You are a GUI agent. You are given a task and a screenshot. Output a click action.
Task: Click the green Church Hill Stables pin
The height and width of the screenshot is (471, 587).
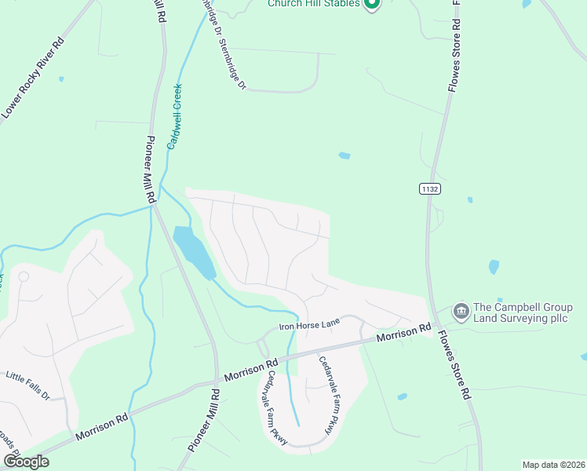(x=372, y=4)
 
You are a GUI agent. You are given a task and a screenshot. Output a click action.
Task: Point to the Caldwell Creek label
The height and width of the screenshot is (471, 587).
(x=177, y=118)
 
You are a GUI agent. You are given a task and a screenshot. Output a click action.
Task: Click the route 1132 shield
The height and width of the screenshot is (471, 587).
(x=429, y=188)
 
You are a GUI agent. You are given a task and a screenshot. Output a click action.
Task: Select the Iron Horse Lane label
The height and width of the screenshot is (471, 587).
(x=310, y=323)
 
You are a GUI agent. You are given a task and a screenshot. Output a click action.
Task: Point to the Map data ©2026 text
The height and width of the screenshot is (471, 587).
(x=553, y=465)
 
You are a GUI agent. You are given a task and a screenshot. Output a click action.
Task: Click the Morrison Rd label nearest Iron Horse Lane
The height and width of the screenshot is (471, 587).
(x=403, y=333)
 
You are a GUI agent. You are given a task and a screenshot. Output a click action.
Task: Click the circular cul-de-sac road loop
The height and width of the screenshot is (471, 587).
(x=24, y=277)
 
